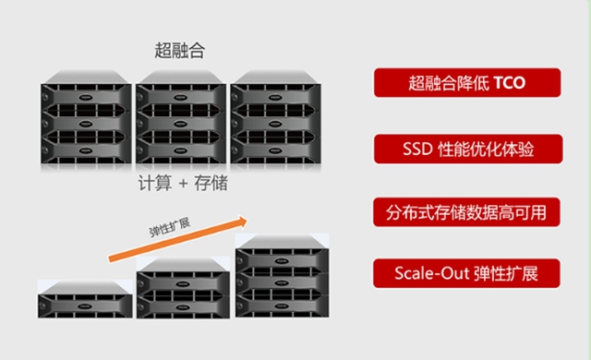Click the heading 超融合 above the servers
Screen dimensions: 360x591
pyautogui.click(x=180, y=51)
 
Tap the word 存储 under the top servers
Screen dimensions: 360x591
pyautogui.click(x=210, y=184)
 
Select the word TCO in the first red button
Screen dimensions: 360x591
pyautogui.click(x=508, y=82)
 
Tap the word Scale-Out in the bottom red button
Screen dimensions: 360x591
pyautogui.click(x=427, y=274)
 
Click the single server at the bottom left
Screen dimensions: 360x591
pyautogui.click(x=84, y=300)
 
